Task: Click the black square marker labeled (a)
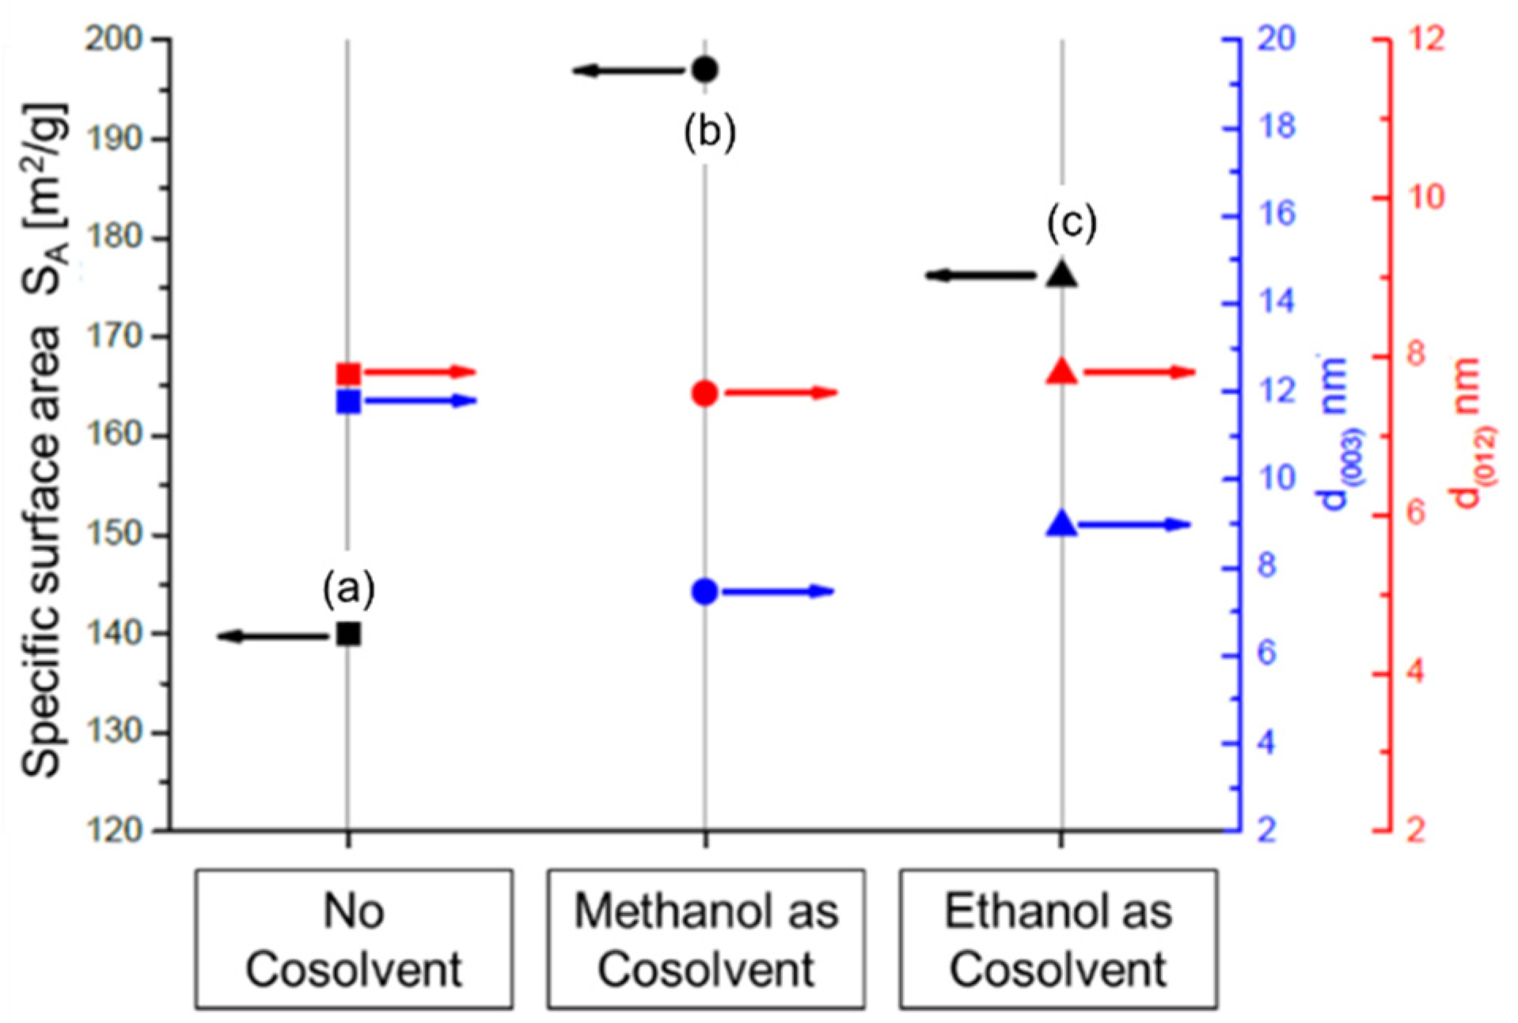click(348, 634)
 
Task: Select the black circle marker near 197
click(704, 70)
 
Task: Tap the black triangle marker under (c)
click(1062, 275)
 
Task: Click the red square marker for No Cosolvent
click(348, 374)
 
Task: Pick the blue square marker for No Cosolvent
click(348, 401)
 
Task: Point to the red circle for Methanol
click(704, 394)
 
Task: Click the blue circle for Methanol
click(704, 591)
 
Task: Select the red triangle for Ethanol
click(1062, 372)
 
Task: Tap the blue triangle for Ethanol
click(1062, 524)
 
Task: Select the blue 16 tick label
click(1275, 214)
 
